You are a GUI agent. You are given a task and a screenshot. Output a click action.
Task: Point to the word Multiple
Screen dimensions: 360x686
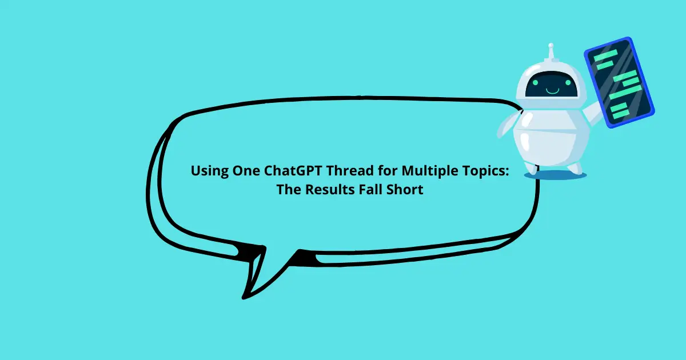click(426, 171)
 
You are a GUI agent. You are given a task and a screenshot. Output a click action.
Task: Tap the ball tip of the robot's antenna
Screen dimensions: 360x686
click(551, 46)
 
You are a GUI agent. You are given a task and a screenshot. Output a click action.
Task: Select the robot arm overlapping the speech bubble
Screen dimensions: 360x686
click(506, 126)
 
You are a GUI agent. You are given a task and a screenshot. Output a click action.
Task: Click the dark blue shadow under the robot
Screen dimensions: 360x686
click(555, 175)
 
